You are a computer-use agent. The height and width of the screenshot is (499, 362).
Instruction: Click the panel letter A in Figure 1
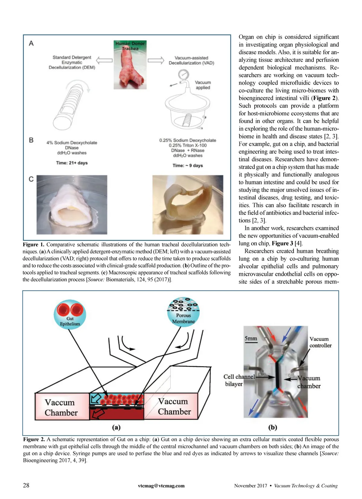(31, 44)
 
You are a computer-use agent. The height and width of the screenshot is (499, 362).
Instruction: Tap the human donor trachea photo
(130, 65)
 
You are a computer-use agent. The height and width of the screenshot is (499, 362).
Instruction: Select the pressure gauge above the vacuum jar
(183, 74)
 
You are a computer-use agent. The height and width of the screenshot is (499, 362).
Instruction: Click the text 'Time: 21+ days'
(72, 163)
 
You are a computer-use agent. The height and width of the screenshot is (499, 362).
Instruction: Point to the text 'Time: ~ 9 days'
(188, 165)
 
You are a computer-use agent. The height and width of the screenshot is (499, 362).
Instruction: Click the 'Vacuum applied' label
(203, 85)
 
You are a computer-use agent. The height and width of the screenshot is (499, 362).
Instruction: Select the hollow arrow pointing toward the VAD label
(156, 61)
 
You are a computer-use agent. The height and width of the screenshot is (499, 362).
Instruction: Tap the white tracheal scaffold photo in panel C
(72, 205)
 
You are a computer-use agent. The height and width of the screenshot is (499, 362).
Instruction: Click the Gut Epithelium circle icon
(70, 314)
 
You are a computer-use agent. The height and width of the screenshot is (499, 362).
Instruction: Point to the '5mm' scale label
(251, 338)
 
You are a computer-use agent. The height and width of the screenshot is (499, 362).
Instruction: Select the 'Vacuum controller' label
(320, 342)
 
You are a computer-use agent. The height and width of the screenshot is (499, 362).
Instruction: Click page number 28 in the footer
(26, 485)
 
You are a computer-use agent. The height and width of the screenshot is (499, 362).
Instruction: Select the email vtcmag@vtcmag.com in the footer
(161, 485)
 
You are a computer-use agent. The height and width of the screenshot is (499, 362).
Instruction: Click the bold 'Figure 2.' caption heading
(34, 439)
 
